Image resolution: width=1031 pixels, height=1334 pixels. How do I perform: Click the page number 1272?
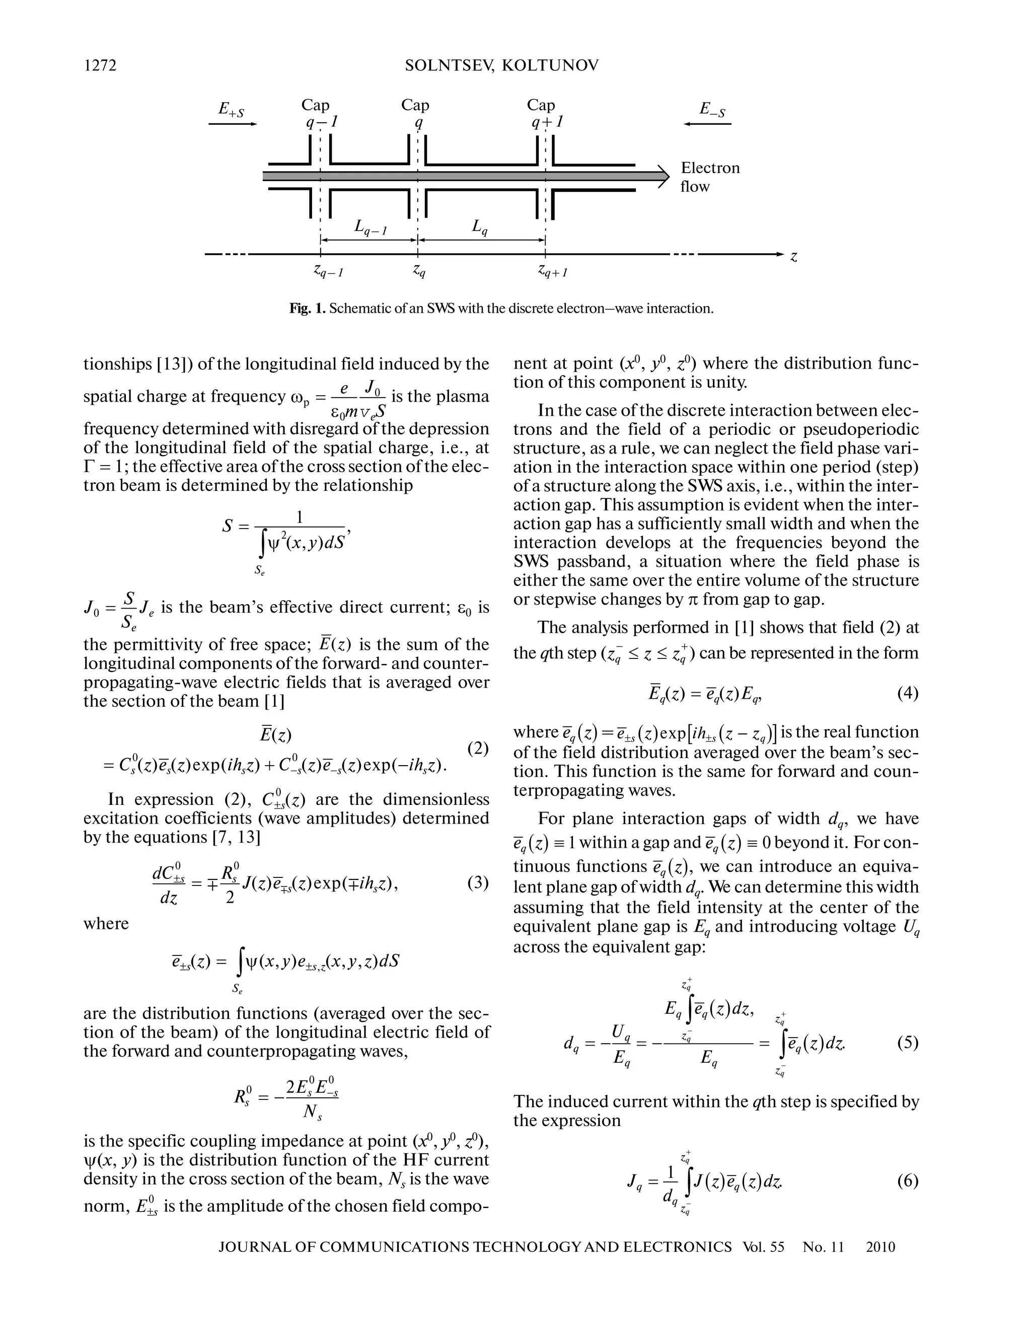pyautogui.click(x=100, y=65)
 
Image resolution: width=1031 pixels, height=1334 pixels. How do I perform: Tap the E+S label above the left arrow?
pyautogui.click(x=232, y=111)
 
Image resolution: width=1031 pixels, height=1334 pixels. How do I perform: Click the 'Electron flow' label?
pyautogui.click(x=709, y=177)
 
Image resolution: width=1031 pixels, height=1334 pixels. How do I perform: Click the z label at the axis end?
pyautogui.click(x=793, y=257)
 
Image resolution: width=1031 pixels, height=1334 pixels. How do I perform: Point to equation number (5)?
pyautogui.click(x=907, y=1043)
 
